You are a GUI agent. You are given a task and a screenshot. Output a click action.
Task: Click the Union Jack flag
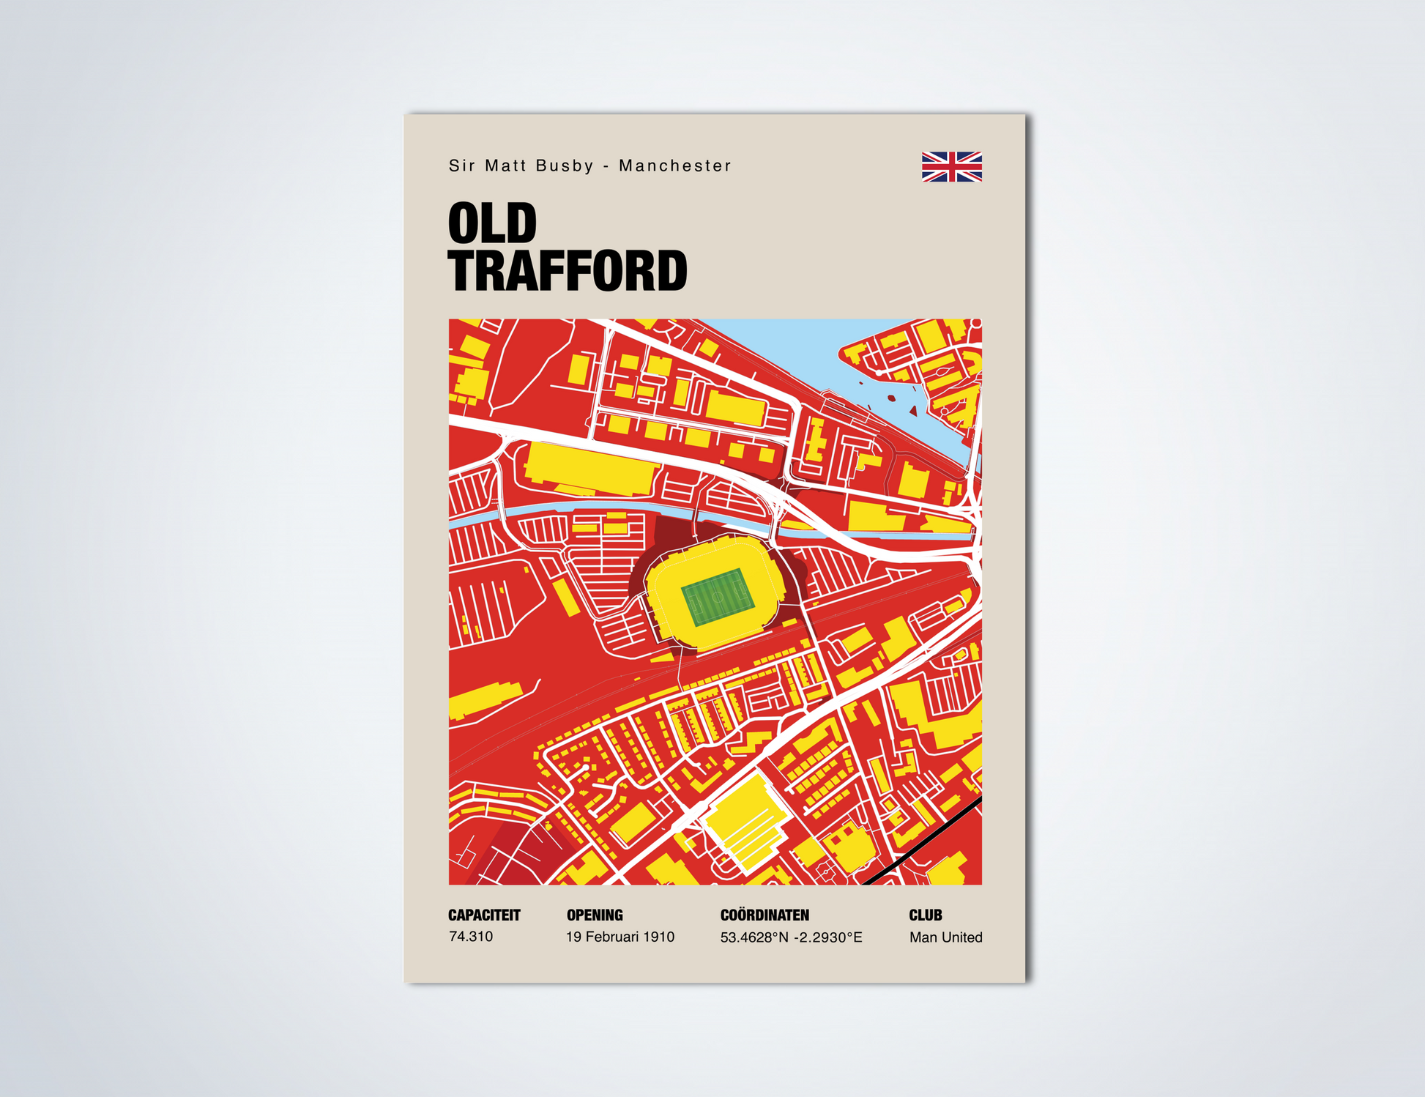951,166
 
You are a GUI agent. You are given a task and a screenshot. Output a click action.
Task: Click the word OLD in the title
492,224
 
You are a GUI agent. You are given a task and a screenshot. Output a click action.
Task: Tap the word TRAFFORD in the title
568,271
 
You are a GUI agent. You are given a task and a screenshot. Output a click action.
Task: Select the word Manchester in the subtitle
674,166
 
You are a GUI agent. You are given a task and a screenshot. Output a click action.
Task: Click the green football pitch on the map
717,597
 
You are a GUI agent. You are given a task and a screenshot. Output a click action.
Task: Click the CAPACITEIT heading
484,915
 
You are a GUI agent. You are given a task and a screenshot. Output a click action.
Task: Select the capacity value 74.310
471,937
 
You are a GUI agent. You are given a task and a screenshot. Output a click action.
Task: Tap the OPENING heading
595,915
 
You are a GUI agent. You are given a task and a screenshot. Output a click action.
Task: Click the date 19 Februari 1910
620,937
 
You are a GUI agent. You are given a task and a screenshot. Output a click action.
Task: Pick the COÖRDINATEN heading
764,915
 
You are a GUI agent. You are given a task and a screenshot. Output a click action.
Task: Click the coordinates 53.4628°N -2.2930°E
791,937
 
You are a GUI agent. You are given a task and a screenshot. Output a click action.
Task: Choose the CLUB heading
925,915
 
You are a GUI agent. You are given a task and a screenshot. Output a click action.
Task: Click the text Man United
945,937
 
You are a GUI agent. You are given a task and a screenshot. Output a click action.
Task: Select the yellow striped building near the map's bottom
747,824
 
